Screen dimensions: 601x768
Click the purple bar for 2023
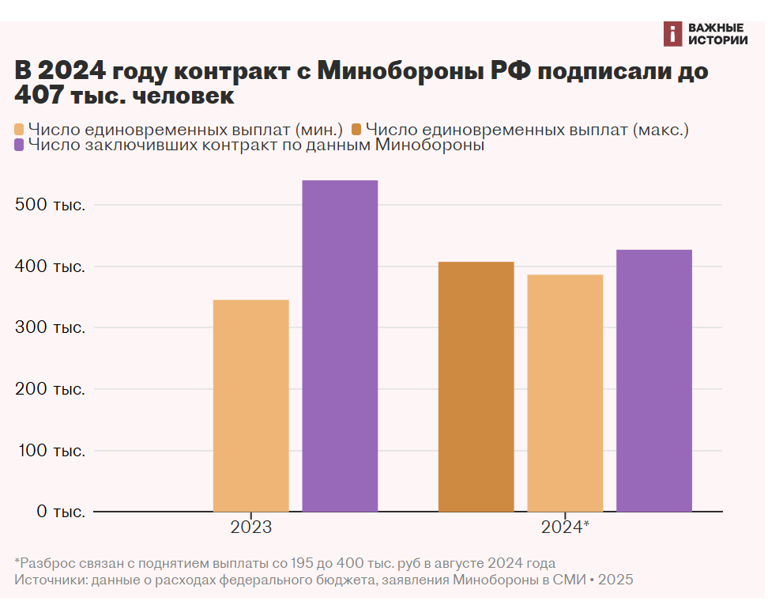(340, 346)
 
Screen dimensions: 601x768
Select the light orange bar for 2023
(251, 406)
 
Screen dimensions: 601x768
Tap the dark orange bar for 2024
(476, 387)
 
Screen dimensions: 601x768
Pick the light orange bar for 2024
(565, 393)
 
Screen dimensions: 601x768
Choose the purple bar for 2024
(654, 380)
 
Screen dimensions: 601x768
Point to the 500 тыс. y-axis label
(51, 205)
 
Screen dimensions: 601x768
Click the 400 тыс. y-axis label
(51, 266)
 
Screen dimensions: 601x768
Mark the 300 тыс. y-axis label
(51, 327)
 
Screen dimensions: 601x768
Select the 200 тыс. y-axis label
(51, 389)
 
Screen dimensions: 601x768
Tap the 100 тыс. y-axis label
(51, 451)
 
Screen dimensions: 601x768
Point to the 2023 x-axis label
(251, 527)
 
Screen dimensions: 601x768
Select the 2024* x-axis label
(566, 527)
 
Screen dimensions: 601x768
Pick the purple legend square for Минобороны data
(21, 146)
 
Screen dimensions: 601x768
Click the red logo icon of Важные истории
(672, 33)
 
